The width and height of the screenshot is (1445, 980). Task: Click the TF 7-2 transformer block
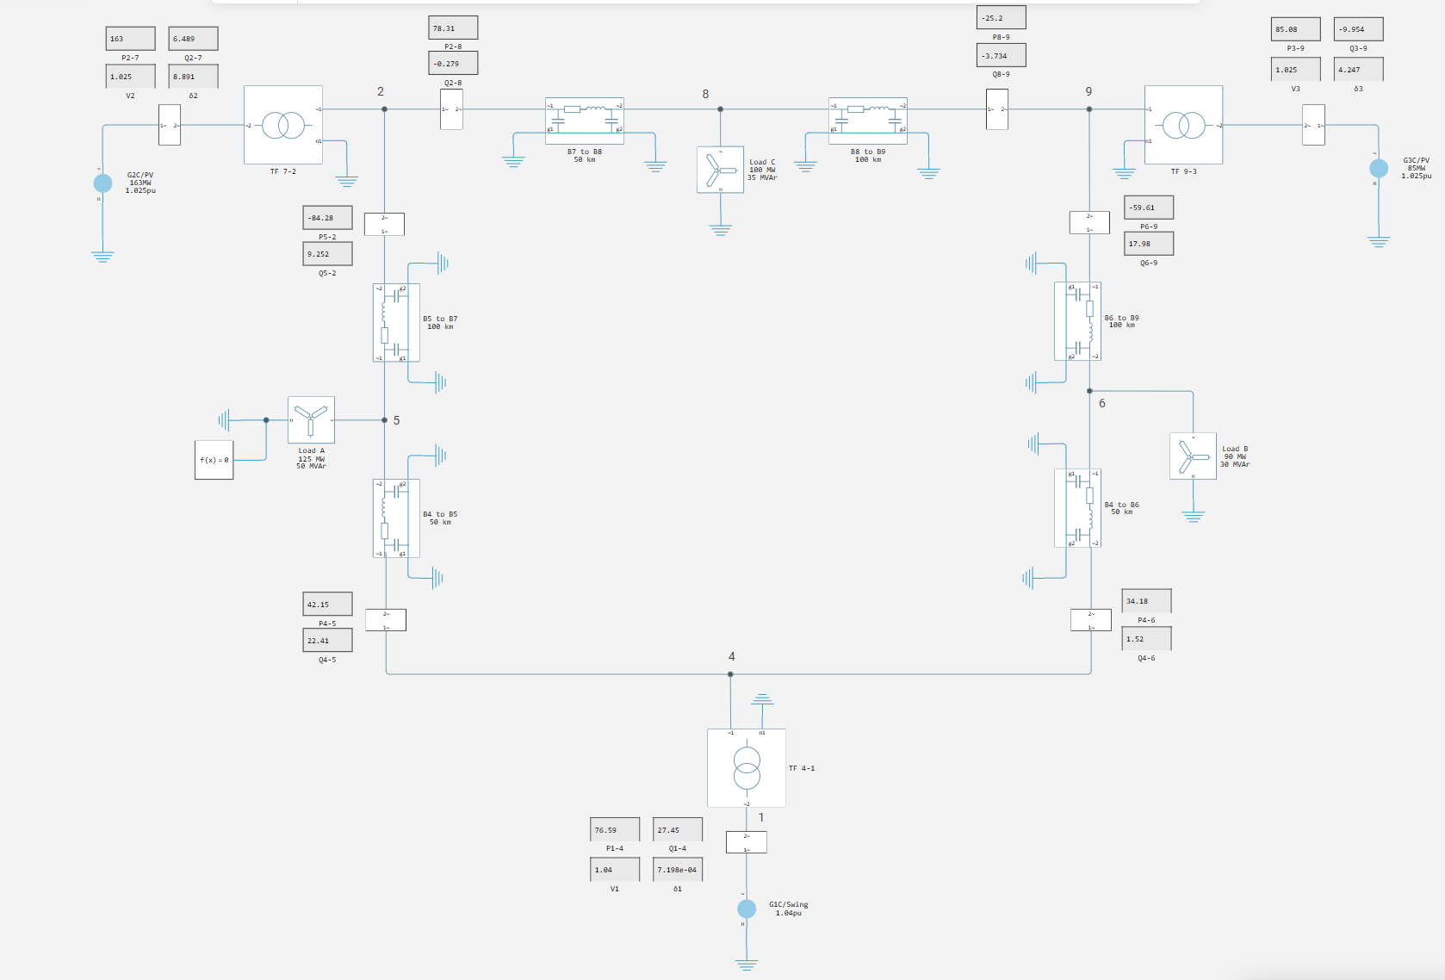(282, 125)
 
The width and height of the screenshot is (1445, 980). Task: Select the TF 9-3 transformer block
(1183, 125)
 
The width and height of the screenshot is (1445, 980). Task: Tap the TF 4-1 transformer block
(746, 767)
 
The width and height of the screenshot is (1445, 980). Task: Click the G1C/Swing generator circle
(747, 909)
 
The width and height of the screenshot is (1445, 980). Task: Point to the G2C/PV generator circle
(102, 183)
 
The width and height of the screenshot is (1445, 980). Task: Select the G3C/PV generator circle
(1379, 168)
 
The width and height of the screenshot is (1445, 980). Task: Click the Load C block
(720, 170)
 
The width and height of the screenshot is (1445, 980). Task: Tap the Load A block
(311, 419)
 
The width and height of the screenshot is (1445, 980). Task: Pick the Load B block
(1193, 456)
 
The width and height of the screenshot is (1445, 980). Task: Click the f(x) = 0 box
(214, 460)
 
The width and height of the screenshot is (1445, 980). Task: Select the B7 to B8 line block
(584, 121)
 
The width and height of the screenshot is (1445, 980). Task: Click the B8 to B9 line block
(867, 121)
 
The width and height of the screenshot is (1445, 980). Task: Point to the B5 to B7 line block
(395, 322)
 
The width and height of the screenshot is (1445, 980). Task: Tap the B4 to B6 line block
(1077, 507)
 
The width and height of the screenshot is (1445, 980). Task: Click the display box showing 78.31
(453, 28)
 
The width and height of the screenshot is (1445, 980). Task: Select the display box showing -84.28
(327, 218)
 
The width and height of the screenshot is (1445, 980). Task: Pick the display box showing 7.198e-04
(677, 870)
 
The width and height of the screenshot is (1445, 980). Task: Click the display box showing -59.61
(1149, 208)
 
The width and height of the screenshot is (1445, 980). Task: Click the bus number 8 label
(705, 94)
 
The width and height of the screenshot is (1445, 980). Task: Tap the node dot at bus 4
(730, 674)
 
